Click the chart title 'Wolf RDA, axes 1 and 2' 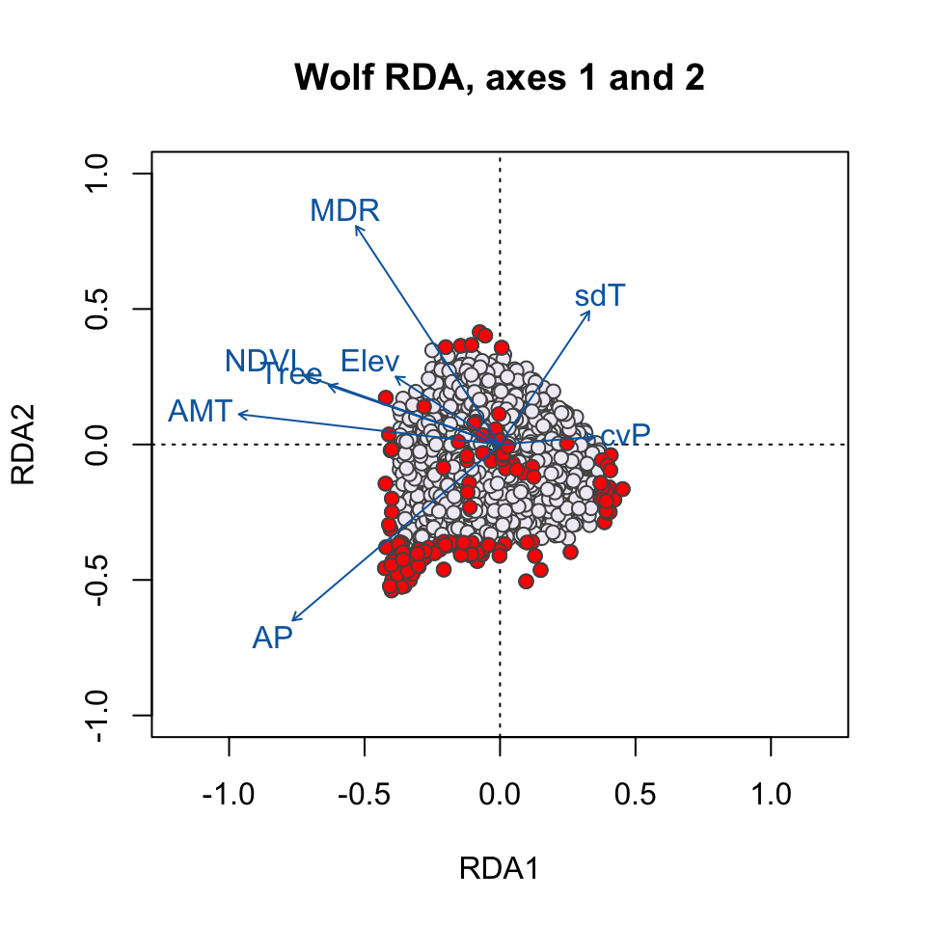click(500, 78)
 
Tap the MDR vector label click(344, 210)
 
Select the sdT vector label click(601, 296)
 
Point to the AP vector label click(272, 638)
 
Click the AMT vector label click(200, 412)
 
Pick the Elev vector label click(369, 361)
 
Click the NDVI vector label click(262, 362)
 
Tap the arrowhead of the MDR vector click(355, 225)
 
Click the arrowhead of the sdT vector click(589, 311)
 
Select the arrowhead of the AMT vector click(238, 414)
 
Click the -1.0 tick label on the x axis click(229, 796)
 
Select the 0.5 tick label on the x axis click(635, 796)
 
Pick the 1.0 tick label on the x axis click(770, 796)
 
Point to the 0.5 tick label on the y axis click(100, 310)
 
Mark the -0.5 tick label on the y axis click(100, 580)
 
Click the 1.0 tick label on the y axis click(100, 175)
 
